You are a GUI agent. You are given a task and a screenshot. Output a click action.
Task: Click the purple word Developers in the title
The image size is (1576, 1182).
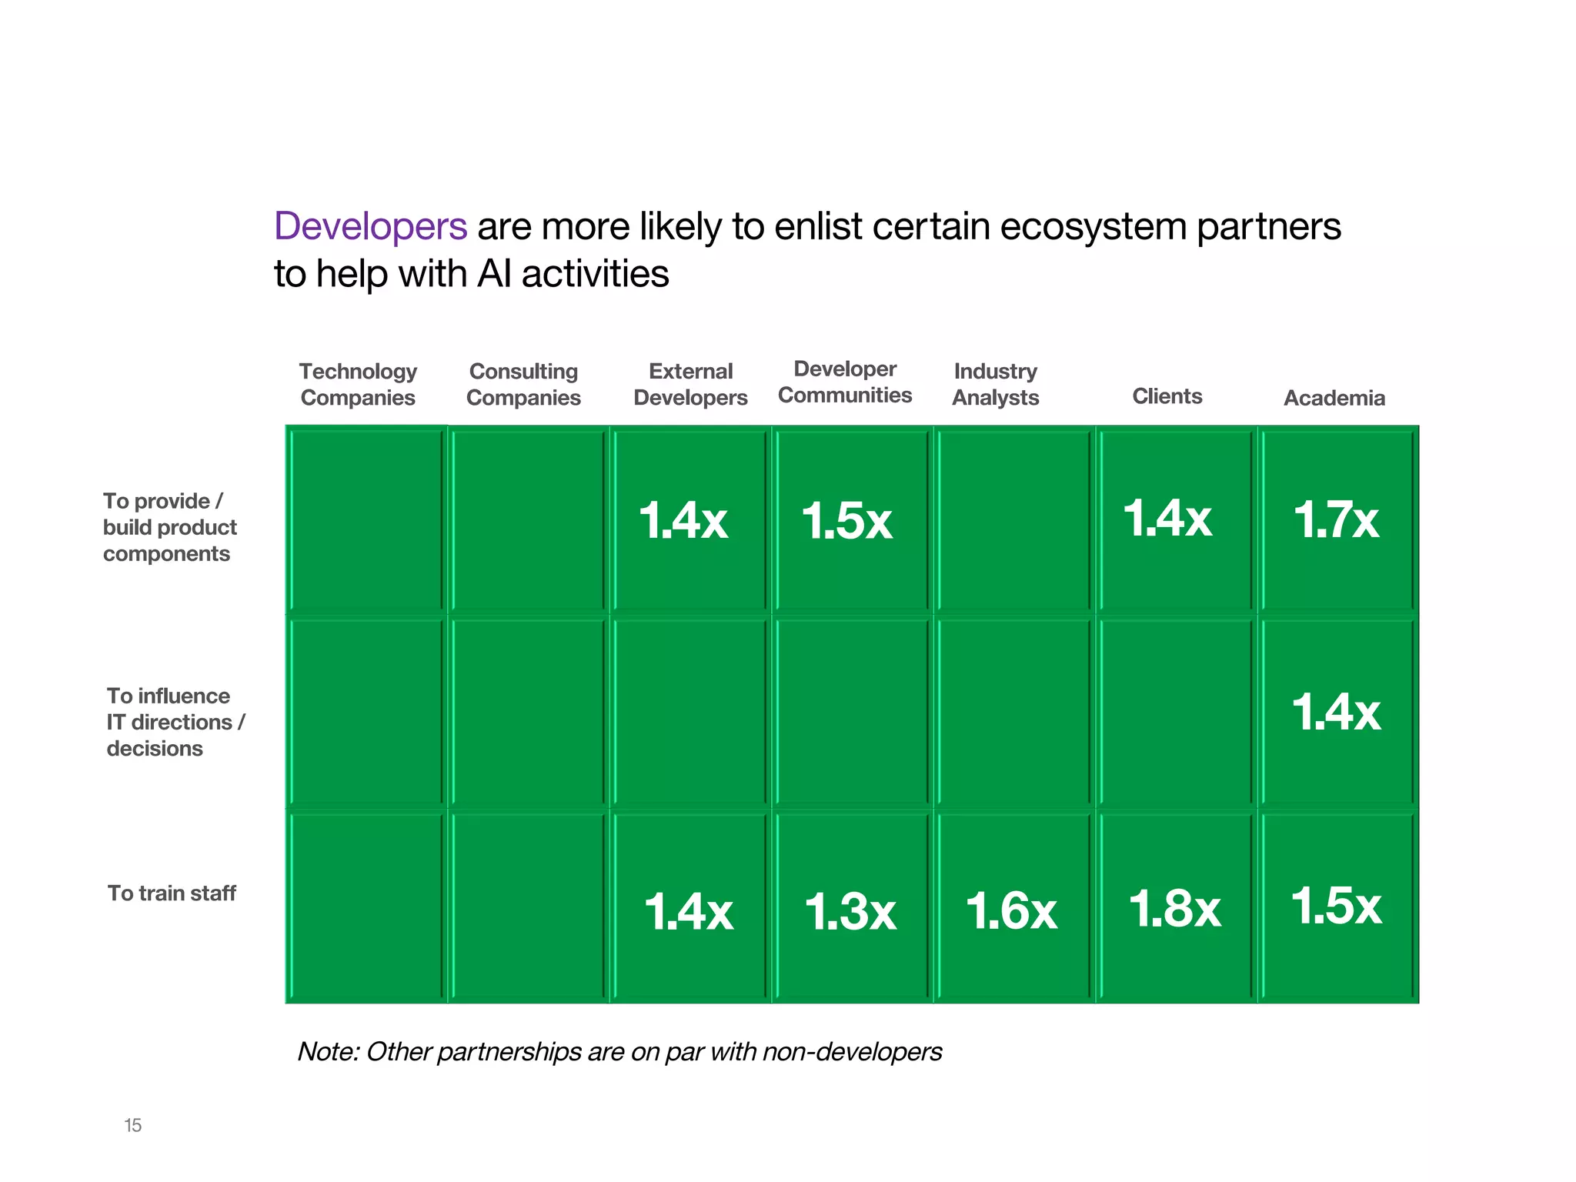[x=370, y=226]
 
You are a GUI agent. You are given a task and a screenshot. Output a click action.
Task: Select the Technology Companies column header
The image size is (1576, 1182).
[x=358, y=384]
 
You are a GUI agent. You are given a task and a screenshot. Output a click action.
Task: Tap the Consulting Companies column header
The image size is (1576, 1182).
[x=523, y=384]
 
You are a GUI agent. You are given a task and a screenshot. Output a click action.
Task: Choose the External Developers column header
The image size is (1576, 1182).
[x=690, y=384]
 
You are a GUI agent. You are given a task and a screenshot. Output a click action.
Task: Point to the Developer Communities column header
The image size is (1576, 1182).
[x=845, y=382]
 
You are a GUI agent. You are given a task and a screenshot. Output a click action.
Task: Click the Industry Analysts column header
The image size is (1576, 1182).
[x=995, y=384]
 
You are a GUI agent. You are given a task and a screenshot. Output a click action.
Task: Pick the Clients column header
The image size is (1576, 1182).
[x=1167, y=396]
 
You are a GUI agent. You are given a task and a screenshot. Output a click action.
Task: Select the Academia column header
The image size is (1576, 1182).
[x=1334, y=398]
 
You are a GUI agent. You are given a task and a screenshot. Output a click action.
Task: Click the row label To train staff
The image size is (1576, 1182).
[x=172, y=893]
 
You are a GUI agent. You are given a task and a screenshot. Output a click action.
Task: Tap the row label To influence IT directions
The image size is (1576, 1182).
[x=175, y=722]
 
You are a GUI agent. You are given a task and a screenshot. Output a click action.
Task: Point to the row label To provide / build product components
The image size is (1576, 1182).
[x=169, y=527]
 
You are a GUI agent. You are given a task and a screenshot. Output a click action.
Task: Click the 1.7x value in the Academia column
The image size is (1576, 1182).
[x=1336, y=519]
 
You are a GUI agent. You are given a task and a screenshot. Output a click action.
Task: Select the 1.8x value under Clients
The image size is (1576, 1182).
[x=1174, y=909]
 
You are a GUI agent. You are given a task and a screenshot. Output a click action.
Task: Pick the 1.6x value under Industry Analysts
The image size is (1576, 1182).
[x=1011, y=911]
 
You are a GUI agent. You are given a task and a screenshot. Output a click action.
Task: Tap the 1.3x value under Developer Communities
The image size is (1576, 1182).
[x=850, y=912]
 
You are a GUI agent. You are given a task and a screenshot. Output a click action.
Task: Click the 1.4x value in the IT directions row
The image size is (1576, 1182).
[x=1336, y=712]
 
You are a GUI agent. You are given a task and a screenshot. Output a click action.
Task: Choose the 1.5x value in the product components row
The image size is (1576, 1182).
[x=846, y=521]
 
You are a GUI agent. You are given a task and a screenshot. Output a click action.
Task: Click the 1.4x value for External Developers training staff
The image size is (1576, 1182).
[x=689, y=912]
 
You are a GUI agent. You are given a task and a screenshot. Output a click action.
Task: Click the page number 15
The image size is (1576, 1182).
[x=133, y=1125]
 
